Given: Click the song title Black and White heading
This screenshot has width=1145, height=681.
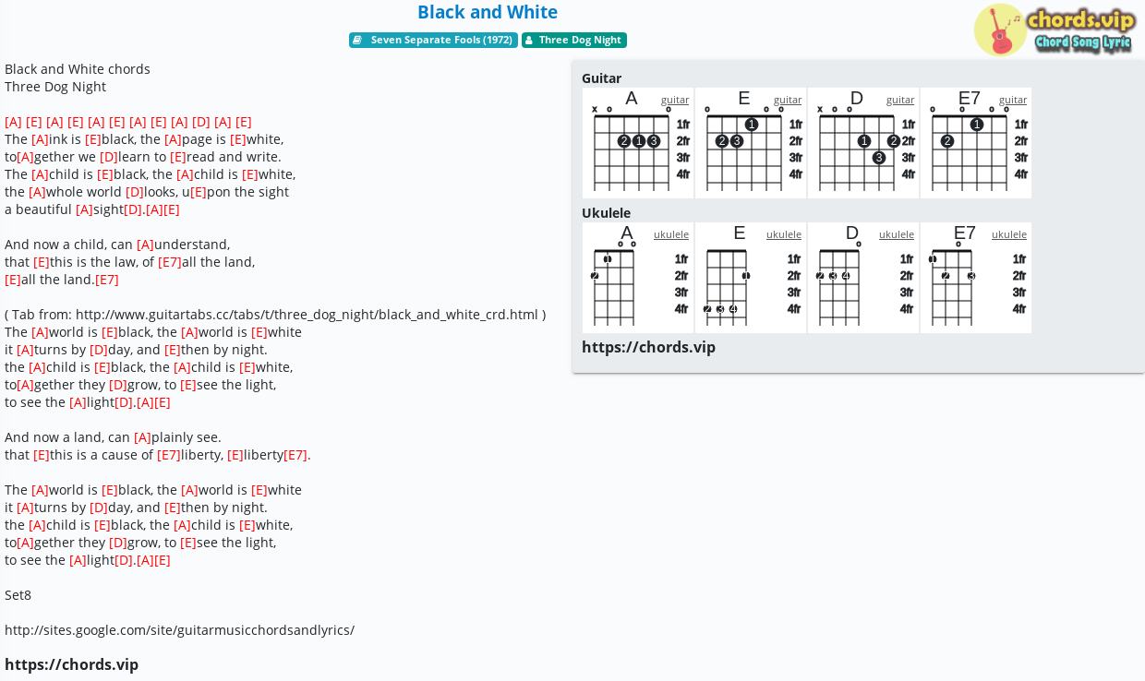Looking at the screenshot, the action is (x=488, y=12).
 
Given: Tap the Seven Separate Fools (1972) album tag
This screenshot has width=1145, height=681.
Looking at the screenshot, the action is (x=433, y=40).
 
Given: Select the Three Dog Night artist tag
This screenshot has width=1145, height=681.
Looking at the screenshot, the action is (x=574, y=40).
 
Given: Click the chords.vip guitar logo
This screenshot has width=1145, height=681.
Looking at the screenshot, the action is (x=1055, y=30).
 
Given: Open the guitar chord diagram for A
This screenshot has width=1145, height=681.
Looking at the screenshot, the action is (x=638, y=142).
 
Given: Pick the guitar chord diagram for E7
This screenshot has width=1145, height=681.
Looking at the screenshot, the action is (x=976, y=142).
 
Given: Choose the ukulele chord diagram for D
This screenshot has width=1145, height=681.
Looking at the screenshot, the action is (x=863, y=278).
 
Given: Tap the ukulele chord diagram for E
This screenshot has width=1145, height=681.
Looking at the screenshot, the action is (x=751, y=278).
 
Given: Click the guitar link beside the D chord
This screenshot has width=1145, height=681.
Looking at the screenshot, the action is (x=900, y=100).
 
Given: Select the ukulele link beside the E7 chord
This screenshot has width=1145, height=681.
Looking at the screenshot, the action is (x=1009, y=234).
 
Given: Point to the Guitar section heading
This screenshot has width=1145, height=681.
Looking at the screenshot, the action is (x=602, y=78).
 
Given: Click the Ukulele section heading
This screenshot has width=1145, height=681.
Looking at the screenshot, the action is (x=607, y=212).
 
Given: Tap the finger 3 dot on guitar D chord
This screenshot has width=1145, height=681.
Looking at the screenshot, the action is (x=879, y=158).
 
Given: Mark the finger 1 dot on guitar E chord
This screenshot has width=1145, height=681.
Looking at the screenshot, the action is (x=752, y=125).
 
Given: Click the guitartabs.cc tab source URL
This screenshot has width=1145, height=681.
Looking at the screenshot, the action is (x=307, y=314).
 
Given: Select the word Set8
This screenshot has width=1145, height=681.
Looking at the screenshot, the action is (x=18, y=595).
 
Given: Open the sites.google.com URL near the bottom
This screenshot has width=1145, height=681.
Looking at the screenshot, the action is (x=179, y=630).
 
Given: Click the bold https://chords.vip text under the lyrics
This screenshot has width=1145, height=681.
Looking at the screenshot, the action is (x=72, y=664).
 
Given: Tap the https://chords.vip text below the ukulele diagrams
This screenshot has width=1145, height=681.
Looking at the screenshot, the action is (x=648, y=347).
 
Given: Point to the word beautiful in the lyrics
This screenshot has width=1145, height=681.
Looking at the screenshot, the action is (x=43, y=209).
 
